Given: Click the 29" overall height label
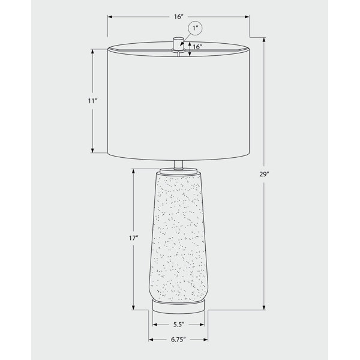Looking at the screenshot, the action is (264, 174).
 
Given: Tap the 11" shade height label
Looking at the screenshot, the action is (93, 101).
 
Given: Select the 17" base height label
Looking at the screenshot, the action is (133, 238).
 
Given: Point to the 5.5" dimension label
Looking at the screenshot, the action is (179, 325).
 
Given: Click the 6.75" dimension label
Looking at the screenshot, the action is (178, 340).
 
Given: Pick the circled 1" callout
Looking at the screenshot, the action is (195, 28).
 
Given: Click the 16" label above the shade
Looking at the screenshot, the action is (179, 17).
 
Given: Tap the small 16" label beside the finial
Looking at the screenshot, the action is (197, 47).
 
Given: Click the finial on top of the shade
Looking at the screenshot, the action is (178, 44).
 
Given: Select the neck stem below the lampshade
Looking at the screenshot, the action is (178, 164).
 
